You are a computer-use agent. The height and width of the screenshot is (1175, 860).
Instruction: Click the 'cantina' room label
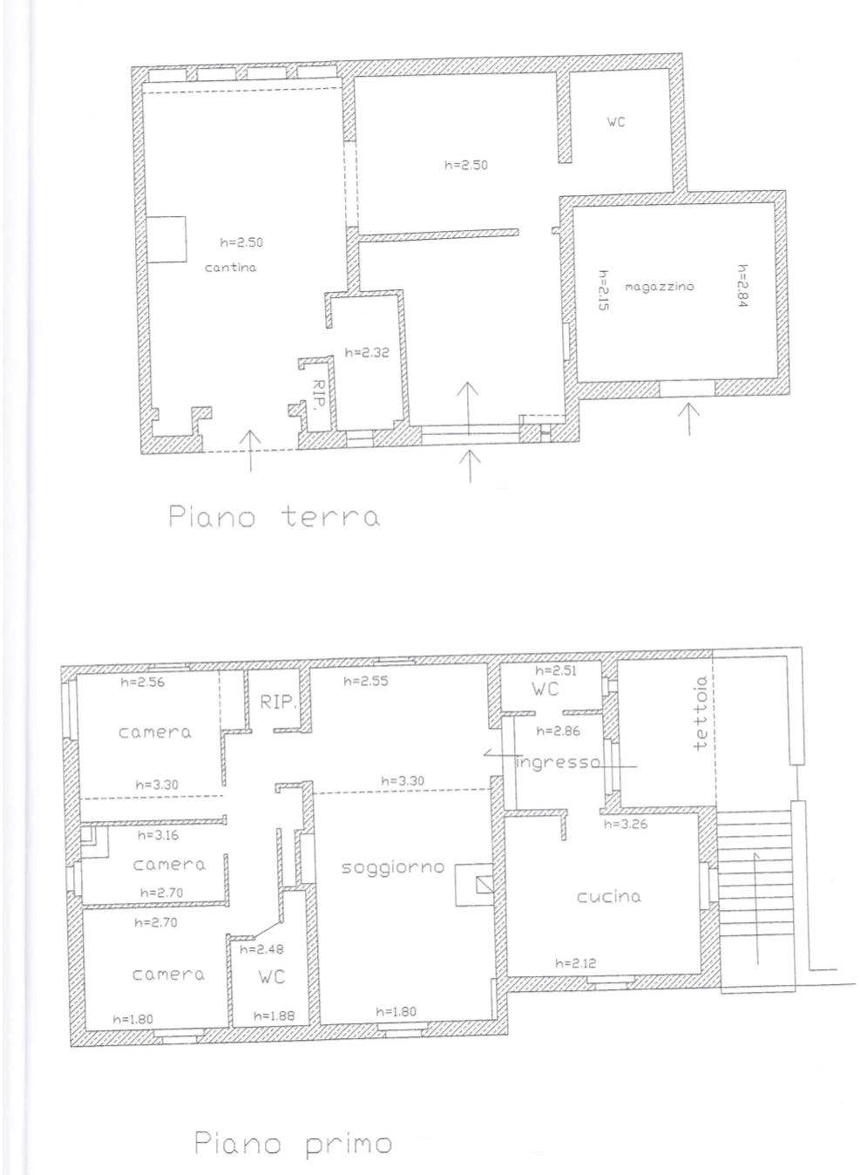[230, 268]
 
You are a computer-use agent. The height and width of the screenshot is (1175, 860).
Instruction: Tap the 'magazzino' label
[659, 287]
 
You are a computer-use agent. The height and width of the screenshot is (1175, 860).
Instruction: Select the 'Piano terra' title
[274, 516]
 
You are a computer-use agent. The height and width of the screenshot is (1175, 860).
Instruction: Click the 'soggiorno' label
[393, 867]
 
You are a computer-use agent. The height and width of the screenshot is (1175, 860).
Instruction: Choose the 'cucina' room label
[609, 896]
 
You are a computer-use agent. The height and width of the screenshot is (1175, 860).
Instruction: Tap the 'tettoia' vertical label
[701, 713]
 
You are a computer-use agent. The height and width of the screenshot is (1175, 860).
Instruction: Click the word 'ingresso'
[558, 762]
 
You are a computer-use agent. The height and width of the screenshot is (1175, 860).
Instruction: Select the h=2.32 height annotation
[367, 352]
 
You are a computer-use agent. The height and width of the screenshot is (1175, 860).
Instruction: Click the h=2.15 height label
[604, 290]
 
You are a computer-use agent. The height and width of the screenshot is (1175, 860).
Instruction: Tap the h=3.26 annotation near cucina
[626, 824]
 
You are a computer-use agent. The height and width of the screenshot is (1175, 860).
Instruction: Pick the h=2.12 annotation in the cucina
[576, 963]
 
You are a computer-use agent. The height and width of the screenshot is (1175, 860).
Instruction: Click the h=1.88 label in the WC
[274, 1016]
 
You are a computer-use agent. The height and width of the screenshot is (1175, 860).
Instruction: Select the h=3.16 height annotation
[159, 835]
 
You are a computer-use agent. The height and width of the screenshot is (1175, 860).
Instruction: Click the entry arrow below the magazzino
[689, 418]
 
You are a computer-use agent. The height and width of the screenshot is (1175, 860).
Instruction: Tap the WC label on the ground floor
[616, 122]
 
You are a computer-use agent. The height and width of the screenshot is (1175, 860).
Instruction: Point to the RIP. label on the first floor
[278, 702]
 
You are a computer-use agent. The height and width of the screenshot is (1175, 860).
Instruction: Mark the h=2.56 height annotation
[143, 682]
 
